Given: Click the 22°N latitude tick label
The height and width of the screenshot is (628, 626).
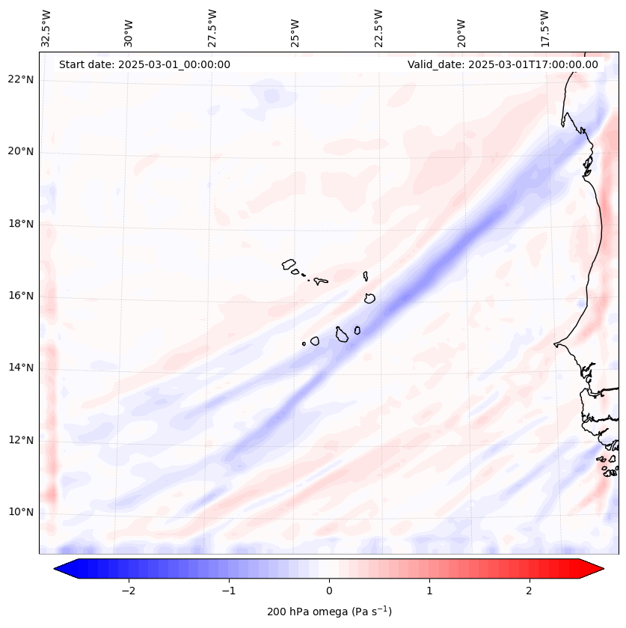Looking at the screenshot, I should (21, 80).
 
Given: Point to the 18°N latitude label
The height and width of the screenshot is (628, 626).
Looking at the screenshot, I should (21, 224).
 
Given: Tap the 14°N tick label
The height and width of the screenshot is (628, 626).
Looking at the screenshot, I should (21, 368).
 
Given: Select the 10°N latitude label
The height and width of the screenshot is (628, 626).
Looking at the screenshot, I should (21, 512).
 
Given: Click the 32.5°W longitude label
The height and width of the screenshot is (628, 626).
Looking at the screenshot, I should (46, 28).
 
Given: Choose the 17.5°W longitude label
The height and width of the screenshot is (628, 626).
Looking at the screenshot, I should (544, 28).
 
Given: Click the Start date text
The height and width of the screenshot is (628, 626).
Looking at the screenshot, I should (144, 64).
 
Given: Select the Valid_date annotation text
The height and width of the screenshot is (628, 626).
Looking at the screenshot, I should (503, 64).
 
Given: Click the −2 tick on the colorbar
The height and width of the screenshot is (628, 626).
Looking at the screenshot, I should (128, 591).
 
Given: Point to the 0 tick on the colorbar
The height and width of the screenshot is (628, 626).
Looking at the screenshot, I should (329, 591).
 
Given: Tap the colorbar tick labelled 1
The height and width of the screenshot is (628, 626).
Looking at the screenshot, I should (429, 591).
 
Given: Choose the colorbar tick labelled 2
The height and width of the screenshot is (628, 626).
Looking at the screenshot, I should (530, 591).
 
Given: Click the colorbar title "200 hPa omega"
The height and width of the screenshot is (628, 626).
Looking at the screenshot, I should (329, 612).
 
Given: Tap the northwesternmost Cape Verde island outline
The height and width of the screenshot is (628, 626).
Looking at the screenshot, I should (289, 263).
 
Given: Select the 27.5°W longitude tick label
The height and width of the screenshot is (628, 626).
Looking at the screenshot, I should (212, 28).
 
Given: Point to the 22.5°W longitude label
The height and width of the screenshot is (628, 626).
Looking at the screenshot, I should (378, 28).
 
